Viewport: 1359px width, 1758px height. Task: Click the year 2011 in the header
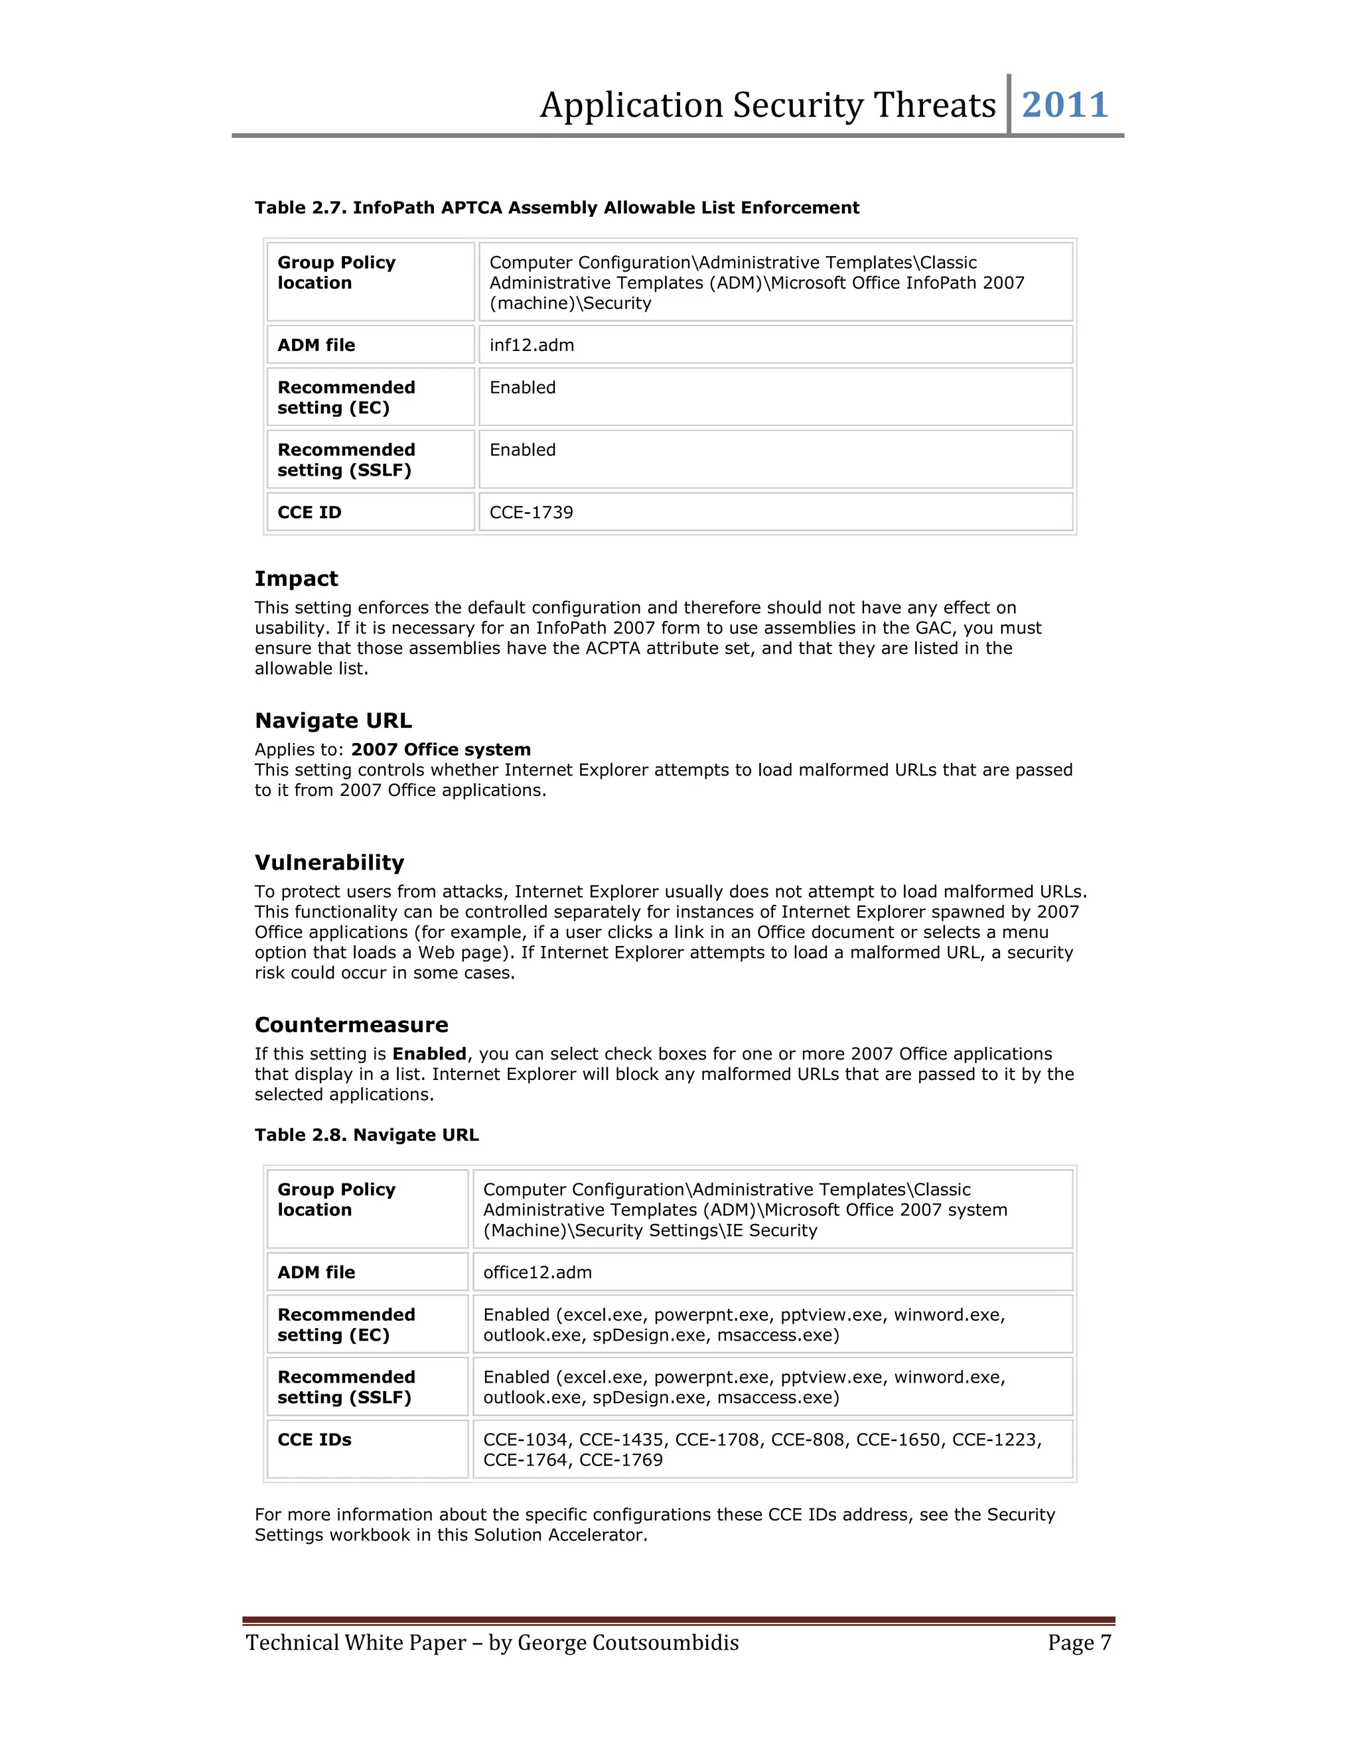click(1064, 105)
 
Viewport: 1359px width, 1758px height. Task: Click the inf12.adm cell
click(532, 346)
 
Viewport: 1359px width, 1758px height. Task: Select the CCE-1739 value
click(531, 513)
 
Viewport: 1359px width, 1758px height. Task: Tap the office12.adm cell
click(537, 1272)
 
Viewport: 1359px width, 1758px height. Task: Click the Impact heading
click(296, 578)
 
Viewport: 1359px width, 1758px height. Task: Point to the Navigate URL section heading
click(332, 720)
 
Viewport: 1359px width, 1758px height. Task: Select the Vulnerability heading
click(329, 863)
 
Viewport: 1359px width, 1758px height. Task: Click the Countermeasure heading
click(351, 1025)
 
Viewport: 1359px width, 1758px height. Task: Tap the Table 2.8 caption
click(366, 1135)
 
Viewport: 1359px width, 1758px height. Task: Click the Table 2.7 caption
click(556, 208)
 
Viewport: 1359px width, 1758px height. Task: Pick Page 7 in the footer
click(1079, 1643)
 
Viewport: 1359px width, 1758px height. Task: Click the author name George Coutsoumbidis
click(627, 1643)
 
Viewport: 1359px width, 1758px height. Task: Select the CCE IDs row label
click(314, 1440)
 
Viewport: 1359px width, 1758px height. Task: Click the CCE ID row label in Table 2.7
click(309, 513)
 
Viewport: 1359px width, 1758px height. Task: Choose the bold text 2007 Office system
click(441, 750)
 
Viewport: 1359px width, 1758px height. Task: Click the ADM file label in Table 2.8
click(316, 1272)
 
